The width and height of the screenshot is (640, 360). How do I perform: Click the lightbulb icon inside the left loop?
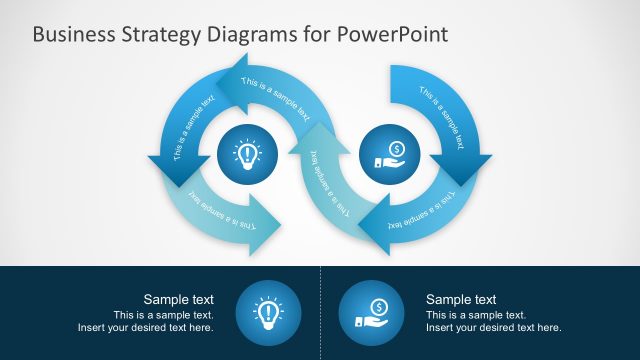[247, 154]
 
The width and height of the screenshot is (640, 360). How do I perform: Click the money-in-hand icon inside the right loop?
[389, 152]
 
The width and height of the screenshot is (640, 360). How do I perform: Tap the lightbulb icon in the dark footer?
[267, 313]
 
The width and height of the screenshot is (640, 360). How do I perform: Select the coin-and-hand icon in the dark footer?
[372, 313]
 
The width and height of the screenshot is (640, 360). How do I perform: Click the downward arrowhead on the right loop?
[464, 170]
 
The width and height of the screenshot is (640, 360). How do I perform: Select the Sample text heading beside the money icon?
[461, 299]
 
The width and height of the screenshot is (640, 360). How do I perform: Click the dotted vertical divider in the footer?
[320, 312]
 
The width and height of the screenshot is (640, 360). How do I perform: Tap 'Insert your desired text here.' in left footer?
[146, 327]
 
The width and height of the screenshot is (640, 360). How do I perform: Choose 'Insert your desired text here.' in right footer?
[494, 327]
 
